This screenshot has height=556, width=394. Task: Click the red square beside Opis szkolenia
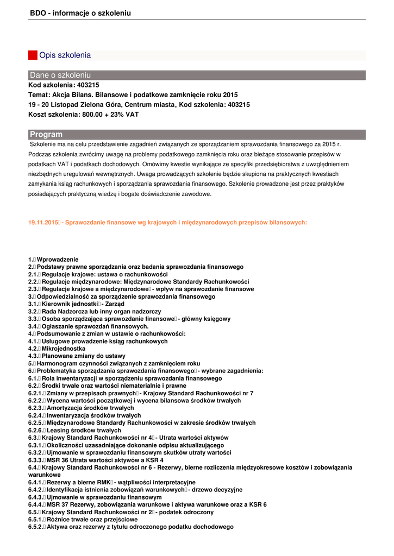[x=33, y=55]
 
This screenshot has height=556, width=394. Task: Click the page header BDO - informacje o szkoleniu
[x=80, y=13]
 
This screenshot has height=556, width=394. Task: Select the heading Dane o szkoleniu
[x=60, y=75]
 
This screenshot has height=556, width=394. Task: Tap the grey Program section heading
[x=46, y=135]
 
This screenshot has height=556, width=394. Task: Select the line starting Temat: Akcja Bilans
[x=133, y=95]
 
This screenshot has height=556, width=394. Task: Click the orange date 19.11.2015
[x=43, y=223]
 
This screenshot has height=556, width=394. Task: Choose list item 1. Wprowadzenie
[x=53, y=260]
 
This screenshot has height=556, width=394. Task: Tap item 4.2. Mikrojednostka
[x=57, y=349]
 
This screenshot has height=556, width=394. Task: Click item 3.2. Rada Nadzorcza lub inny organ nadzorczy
[x=95, y=312]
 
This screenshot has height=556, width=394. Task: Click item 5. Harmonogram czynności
[x=114, y=363]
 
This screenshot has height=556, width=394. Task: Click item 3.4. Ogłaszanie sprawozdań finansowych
[x=88, y=326]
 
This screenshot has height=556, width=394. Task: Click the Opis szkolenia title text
[x=65, y=55]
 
